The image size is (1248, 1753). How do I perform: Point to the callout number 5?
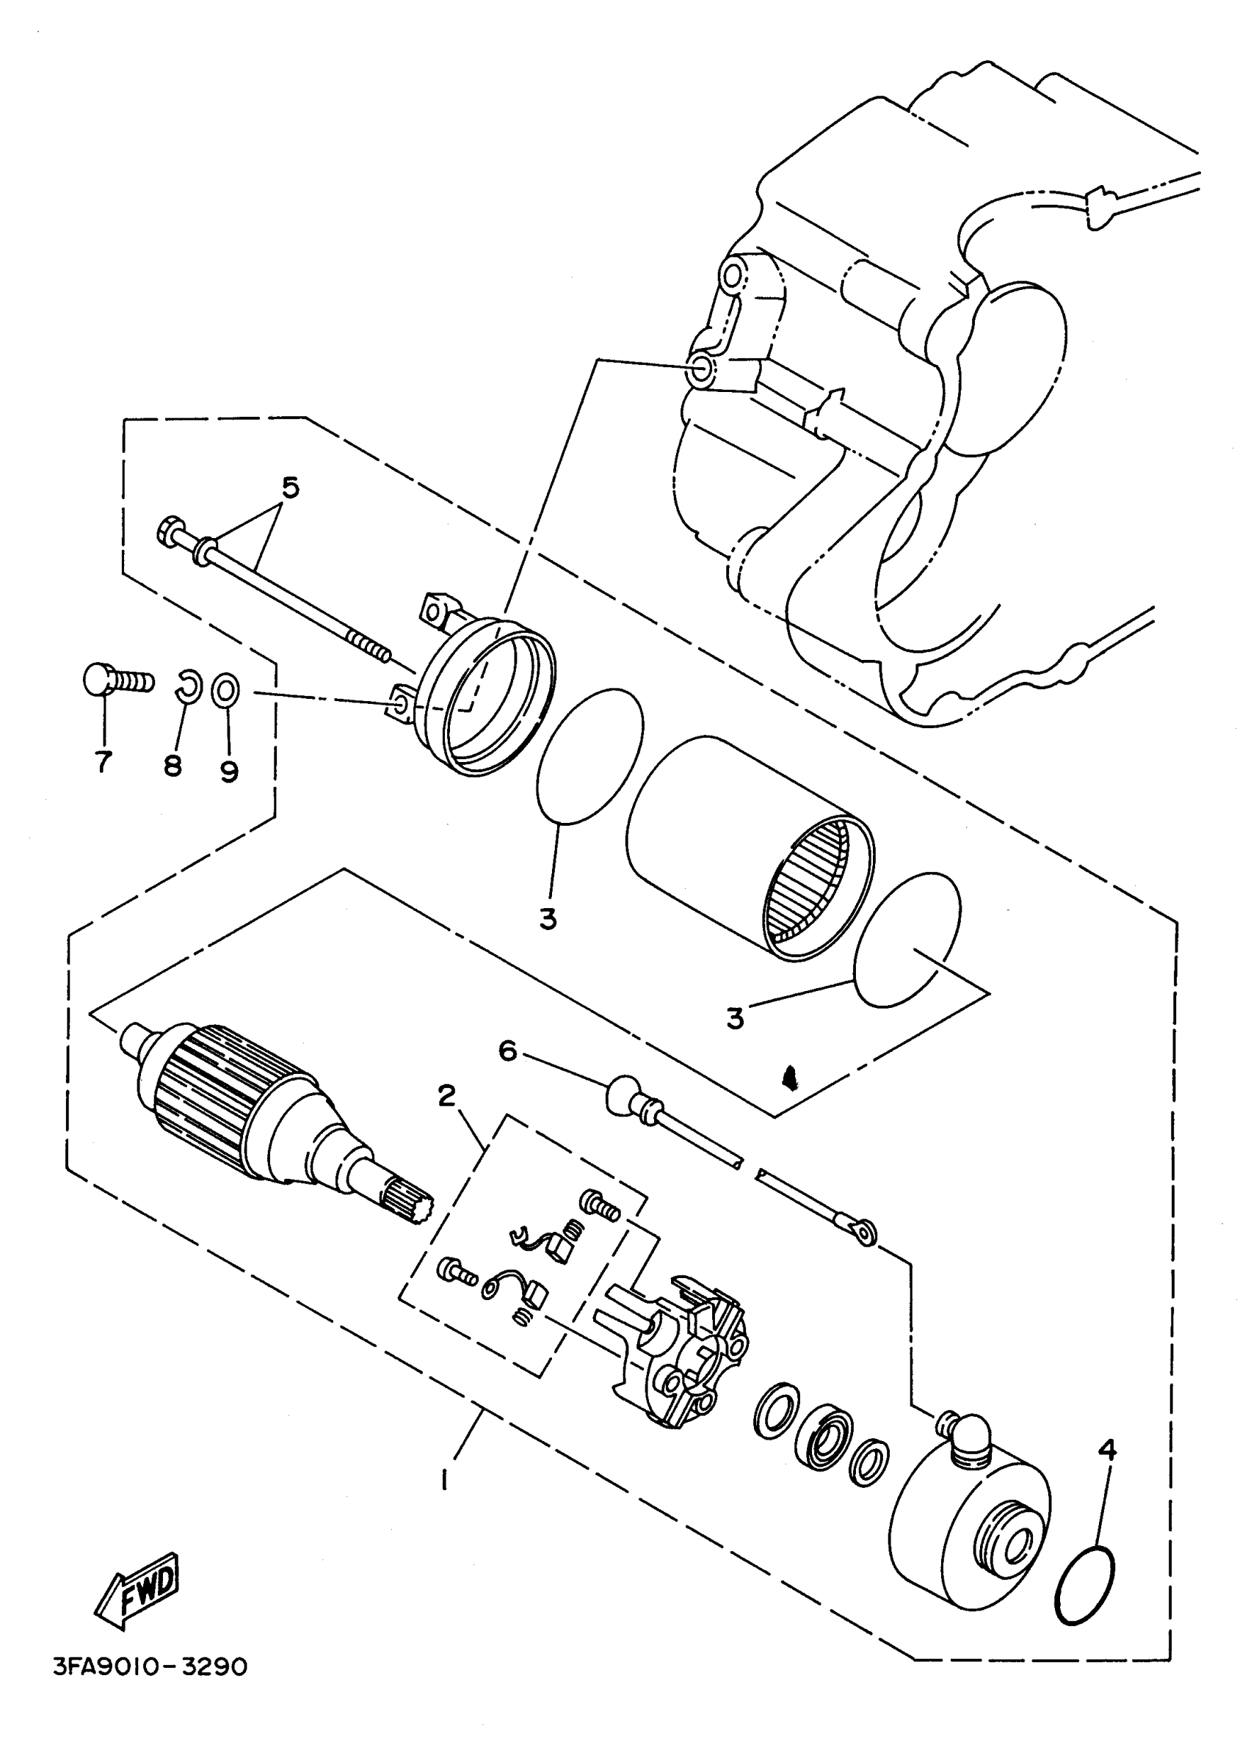pos(291,487)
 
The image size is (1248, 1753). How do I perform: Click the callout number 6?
pos(508,1050)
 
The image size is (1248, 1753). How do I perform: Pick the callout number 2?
pos(447,1096)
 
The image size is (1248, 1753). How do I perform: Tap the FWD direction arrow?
pos(138,1589)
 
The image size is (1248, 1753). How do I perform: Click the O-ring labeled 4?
pos(1085,1587)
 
